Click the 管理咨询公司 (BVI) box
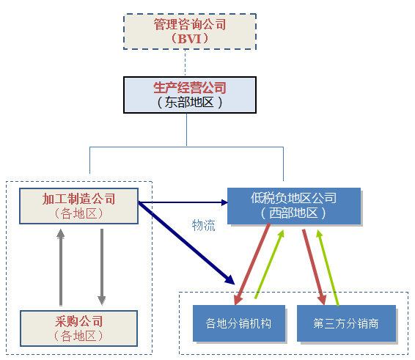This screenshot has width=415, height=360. [190, 32]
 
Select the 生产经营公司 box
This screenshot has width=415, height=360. [190, 95]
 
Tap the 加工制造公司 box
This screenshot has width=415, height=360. [79, 206]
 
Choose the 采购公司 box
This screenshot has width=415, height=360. [79, 328]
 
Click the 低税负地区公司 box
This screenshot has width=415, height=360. [294, 206]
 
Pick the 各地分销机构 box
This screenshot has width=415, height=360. [239, 323]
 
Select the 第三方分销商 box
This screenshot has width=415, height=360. [346, 323]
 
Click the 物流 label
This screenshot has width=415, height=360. [203, 226]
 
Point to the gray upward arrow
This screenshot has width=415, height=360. [61, 268]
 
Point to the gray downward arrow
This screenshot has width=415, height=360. [102, 268]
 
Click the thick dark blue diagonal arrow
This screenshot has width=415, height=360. [186, 243]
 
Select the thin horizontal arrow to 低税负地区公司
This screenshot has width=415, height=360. [183, 203]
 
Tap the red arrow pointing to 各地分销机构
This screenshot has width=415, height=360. [252, 264]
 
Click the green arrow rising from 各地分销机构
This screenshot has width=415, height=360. [269, 264]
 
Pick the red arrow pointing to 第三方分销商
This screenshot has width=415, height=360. [314, 267]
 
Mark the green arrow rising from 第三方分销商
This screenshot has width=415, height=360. [328, 268]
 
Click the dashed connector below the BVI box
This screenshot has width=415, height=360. [185, 63]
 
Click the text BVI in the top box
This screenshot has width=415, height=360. [189, 39]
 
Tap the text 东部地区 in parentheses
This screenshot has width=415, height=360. [189, 102]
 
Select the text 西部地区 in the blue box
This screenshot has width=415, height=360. [293, 213]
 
